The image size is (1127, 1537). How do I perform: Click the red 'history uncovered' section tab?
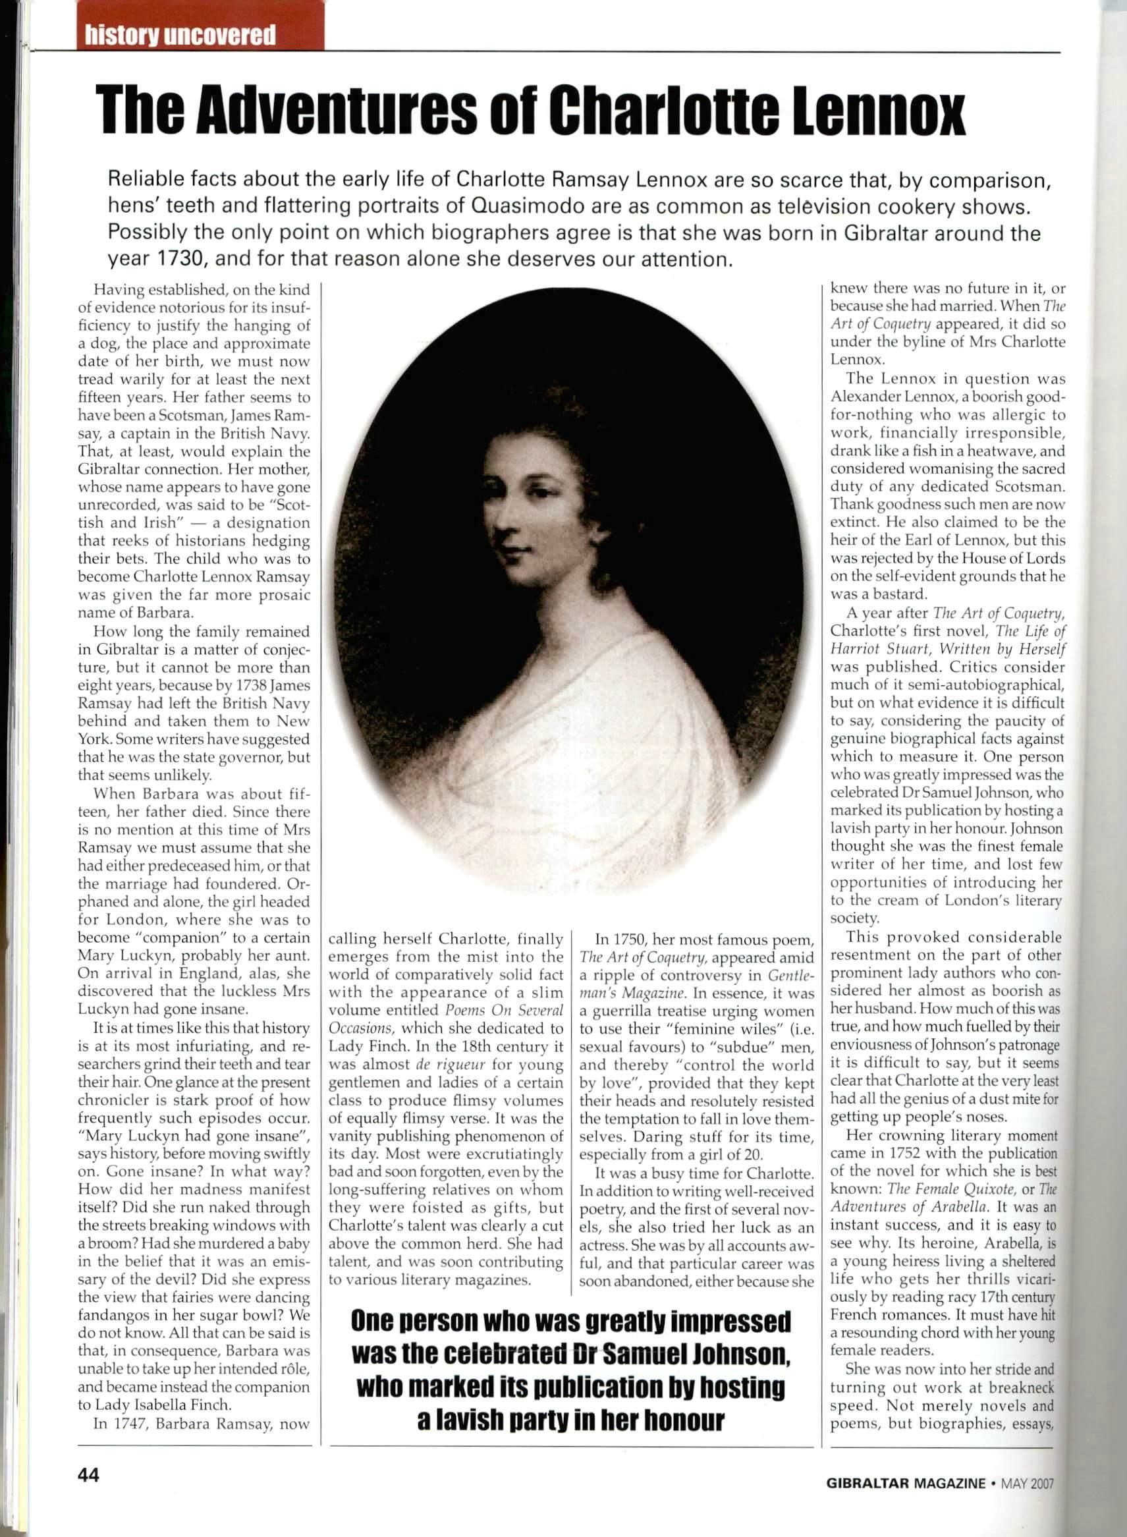tap(180, 35)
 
